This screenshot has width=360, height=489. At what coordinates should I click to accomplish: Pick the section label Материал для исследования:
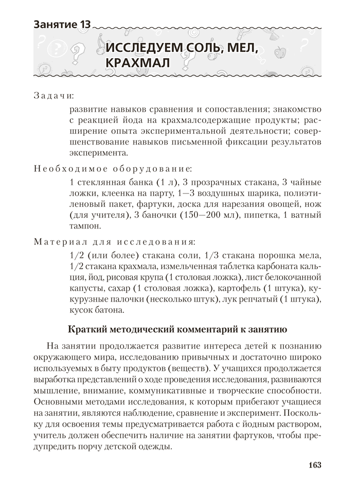pyautogui.click(x=114, y=241)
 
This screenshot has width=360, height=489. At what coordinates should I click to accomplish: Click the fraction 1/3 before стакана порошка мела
pyautogui.click(x=212, y=255)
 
